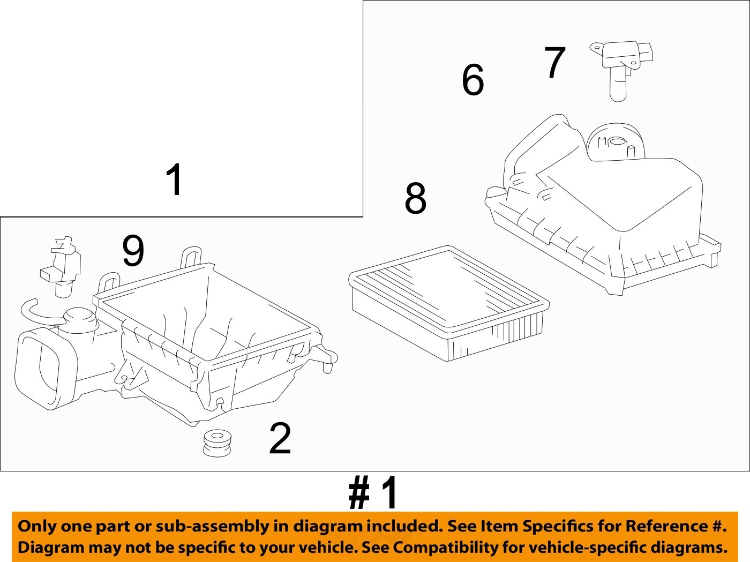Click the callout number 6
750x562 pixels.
(x=472, y=80)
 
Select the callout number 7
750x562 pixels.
(x=555, y=62)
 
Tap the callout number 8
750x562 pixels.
(x=416, y=198)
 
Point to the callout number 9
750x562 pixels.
(x=133, y=251)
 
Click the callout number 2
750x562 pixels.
(x=280, y=438)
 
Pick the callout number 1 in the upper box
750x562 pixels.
(x=174, y=180)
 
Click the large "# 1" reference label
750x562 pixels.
(x=373, y=493)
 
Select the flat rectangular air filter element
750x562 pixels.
(x=449, y=303)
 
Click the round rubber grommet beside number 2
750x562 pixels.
(x=217, y=443)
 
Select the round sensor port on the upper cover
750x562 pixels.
(x=617, y=143)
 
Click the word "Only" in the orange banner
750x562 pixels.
(x=37, y=526)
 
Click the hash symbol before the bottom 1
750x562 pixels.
(x=359, y=493)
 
